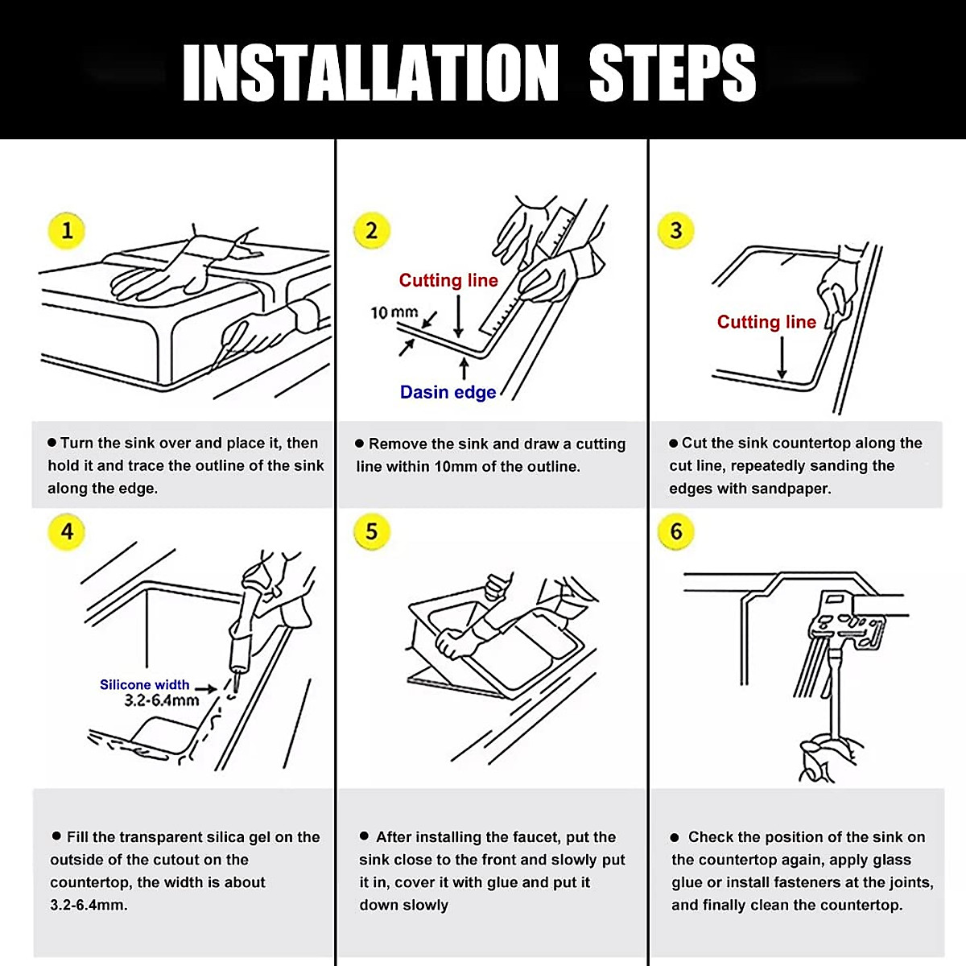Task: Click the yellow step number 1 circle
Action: pos(66,230)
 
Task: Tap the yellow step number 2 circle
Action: pos(371,230)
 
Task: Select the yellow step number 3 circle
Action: pos(675,230)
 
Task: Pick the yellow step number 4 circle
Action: pos(66,531)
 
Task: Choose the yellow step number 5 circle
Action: pos(371,531)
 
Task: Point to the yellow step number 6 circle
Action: pos(675,531)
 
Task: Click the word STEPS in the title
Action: pos(672,72)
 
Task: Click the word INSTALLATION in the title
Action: pos(370,72)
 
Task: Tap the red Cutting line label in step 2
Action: pos(448,280)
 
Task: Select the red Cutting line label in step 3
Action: pos(766,322)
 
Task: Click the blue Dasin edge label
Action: pos(448,392)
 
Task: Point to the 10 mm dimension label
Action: pos(394,313)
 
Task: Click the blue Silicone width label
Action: pos(144,685)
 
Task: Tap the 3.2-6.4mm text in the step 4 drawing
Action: pos(162,700)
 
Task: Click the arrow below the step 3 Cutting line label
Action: pos(782,357)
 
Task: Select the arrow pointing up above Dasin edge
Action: pos(464,369)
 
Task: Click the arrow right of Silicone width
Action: pos(205,689)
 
